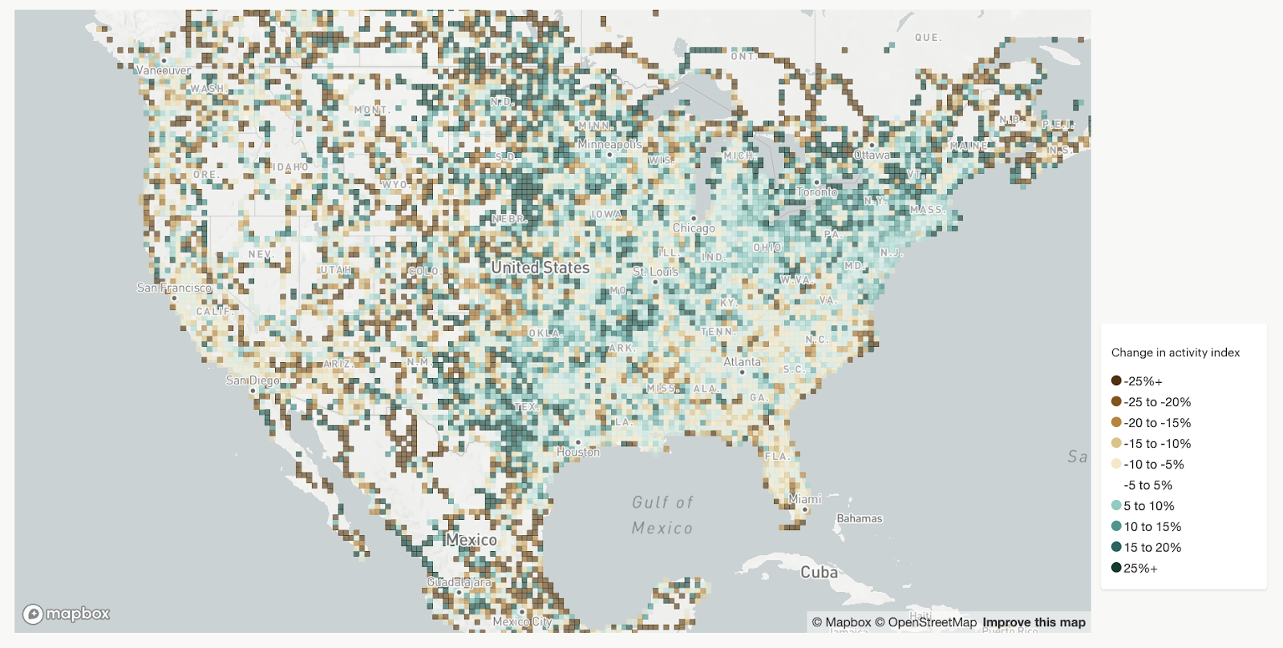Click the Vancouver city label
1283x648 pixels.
[164, 70]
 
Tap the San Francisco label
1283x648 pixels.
[174, 288]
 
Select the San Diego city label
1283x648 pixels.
[253, 380]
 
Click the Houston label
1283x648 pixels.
[578, 452]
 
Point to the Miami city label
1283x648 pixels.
[805, 499]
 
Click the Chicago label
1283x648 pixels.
[694, 228]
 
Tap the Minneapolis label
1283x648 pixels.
[609, 144]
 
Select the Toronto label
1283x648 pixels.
[816, 192]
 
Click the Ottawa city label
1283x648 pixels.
[872, 155]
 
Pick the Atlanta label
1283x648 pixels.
[742, 362]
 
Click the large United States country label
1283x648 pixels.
[540, 268]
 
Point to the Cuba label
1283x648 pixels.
[819, 572]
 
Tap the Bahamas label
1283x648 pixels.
[859, 518]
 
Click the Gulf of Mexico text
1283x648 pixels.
[662, 515]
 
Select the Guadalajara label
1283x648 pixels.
[459, 582]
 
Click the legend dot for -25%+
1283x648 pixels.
[1116, 381]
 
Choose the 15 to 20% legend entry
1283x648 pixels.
[1151, 548]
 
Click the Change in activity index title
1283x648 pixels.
[1175, 352]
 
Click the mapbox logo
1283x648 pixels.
[67, 614]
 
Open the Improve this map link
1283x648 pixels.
[1034, 622]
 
